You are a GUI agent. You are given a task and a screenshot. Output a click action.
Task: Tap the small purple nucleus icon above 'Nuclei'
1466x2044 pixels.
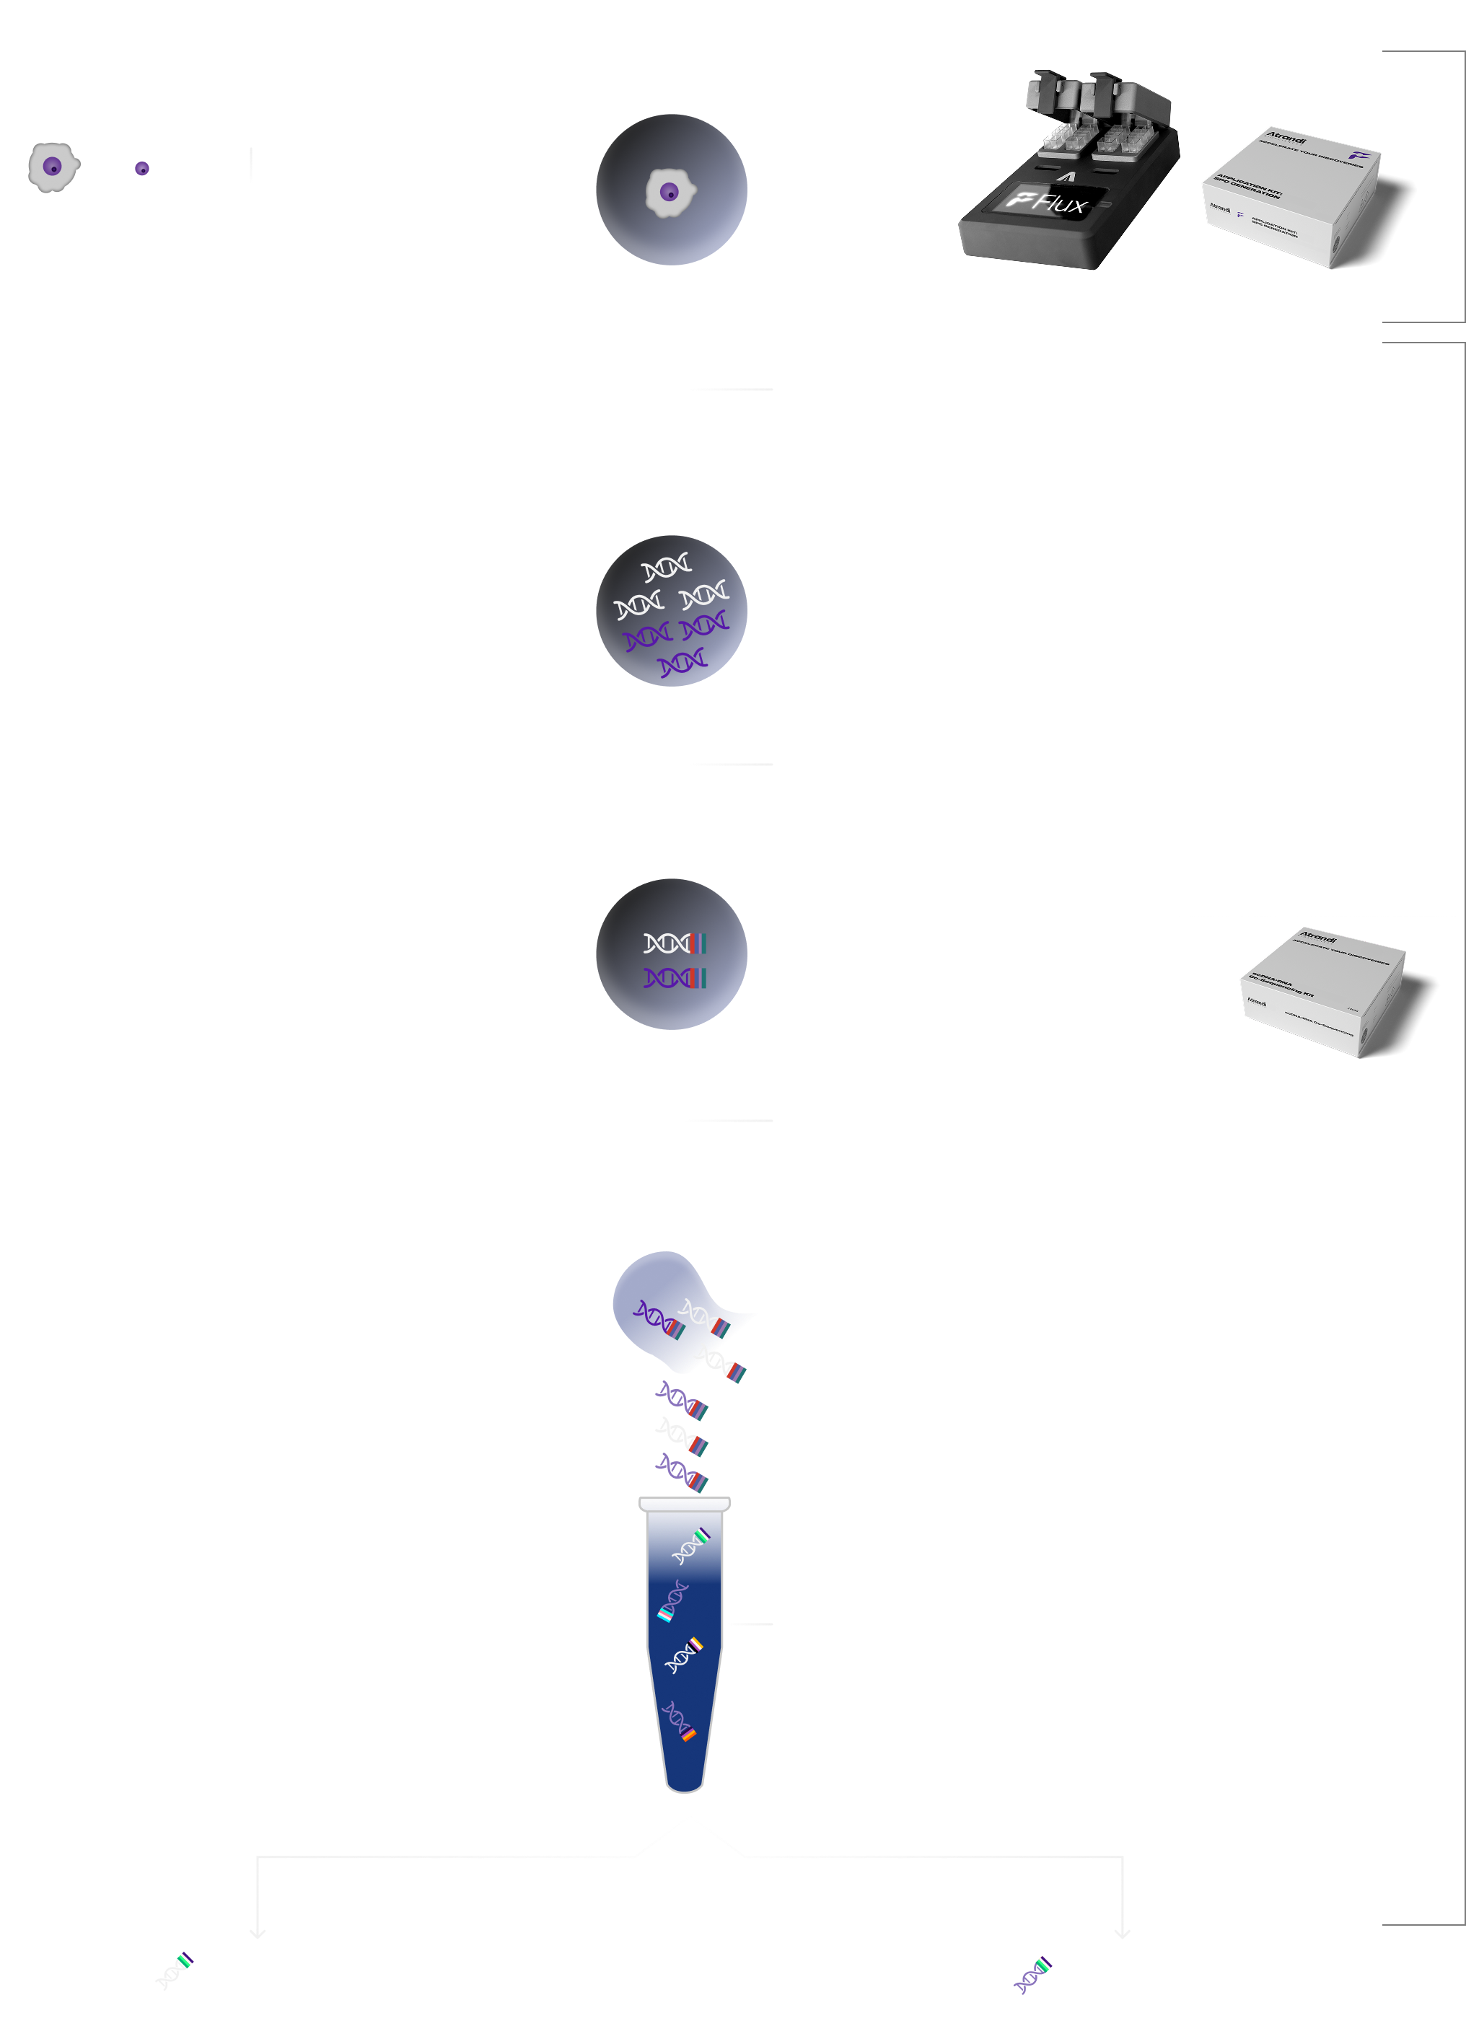coord(141,169)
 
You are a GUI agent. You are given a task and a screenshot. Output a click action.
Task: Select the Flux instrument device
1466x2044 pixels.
coord(1068,176)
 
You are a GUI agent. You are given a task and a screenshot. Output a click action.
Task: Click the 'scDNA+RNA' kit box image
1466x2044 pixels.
coord(1321,989)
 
